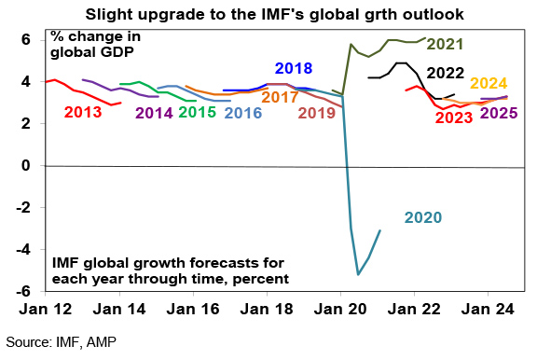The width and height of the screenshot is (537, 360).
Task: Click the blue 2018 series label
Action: [294, 68]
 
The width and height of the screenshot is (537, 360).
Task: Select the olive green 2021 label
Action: [445, 44]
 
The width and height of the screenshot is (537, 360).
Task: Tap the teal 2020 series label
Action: [423, 217]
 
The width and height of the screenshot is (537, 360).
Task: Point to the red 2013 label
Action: [83, 112]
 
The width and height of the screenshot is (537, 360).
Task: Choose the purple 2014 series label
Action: [154, 113]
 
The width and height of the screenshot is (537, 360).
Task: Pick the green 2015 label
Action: [198, 112]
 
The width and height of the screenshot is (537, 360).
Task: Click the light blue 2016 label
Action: [243, 113]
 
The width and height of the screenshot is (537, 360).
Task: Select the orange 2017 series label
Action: [280, 97]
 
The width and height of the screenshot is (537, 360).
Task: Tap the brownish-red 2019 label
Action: [317, 113]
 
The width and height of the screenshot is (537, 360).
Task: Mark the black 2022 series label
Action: [446, 74]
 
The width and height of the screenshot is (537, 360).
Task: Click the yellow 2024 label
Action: [489, 84]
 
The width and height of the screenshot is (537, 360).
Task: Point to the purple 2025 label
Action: [499, 113]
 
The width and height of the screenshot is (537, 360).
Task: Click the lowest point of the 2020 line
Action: [358, 275]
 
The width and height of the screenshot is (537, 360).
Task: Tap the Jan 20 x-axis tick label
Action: [340, 310]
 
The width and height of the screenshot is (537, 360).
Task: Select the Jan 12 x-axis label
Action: [46, 310]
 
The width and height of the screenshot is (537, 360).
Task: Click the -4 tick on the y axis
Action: [23, 250]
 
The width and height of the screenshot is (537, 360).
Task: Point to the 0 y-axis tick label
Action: [26, 166]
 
